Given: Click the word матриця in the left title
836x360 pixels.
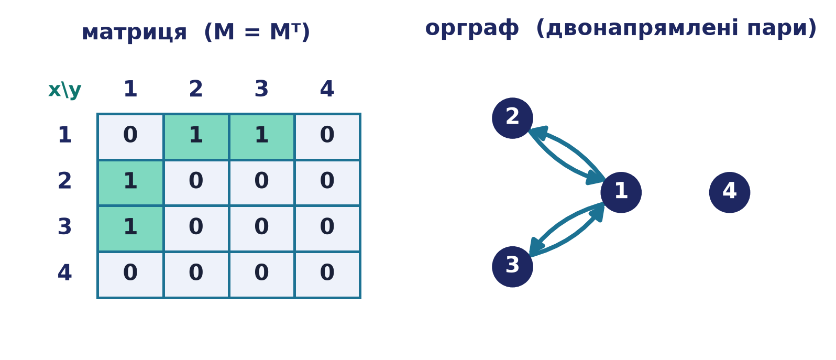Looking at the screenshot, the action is click(x=134, y=33).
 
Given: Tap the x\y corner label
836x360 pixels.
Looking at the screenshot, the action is click(x=65, y=90).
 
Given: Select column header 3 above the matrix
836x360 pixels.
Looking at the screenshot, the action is click(x=261, y=89).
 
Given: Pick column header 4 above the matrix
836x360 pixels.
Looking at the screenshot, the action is click(x=327, y=89).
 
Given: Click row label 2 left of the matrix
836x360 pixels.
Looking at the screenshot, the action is click(x=64, y=181).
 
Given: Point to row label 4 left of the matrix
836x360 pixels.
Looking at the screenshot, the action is click(x=64, y=272).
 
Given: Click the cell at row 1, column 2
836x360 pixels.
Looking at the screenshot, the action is click(x=196, y=137).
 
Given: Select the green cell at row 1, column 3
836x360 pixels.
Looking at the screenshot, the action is click(x=261, y=137).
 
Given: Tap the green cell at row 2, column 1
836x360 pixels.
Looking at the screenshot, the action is click(x=130, y=183).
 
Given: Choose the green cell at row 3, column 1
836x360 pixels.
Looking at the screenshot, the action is click(x=130, y=229).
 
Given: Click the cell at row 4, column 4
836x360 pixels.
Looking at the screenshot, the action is click(x=327, y=275).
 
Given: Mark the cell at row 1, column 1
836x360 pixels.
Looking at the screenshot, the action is click(x=130, y=137).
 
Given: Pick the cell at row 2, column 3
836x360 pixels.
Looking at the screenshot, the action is click(x=261, y=183).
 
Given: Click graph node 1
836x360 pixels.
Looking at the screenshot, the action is click(x=621, y=192).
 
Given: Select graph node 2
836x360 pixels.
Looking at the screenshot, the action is click(x=512, y=118).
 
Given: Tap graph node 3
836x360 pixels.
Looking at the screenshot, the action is click(x=512, y=267).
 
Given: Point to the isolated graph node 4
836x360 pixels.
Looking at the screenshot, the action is click(x=730, y=192).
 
